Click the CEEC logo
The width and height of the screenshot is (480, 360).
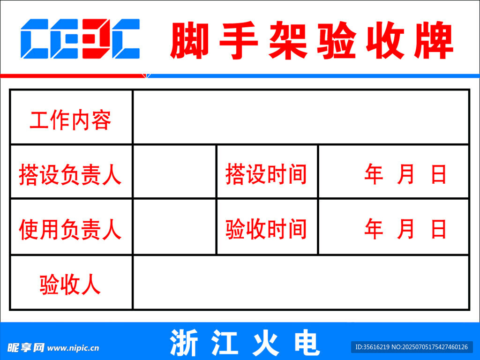point(80,38)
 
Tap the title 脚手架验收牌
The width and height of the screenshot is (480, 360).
point(312,40)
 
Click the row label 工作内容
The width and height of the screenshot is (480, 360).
point(70,120)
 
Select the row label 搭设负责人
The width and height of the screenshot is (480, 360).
point(70,174)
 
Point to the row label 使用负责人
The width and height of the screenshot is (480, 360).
point(70,229)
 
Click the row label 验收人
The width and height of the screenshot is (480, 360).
point(70,285)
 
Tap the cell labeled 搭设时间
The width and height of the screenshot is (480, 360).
point(266,174)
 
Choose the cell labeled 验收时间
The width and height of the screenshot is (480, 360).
point(266,229)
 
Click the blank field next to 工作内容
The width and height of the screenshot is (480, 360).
point(301,117)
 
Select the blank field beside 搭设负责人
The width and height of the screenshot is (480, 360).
point(174,172)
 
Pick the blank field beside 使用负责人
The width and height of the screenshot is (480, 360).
point(174,226)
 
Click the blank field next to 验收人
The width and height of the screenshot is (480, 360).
point(301,282)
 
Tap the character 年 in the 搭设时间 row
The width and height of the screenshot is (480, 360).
point(374,174)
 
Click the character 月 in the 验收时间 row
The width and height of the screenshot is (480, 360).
point(405,229)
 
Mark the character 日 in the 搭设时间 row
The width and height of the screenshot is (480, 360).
point(438,174)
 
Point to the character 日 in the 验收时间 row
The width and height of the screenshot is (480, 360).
point(438,229)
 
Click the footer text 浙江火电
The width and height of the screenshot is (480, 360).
point(245,343)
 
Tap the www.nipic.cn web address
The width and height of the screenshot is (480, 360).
point(73,348)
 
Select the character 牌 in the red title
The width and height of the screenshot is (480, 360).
point(434,40)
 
